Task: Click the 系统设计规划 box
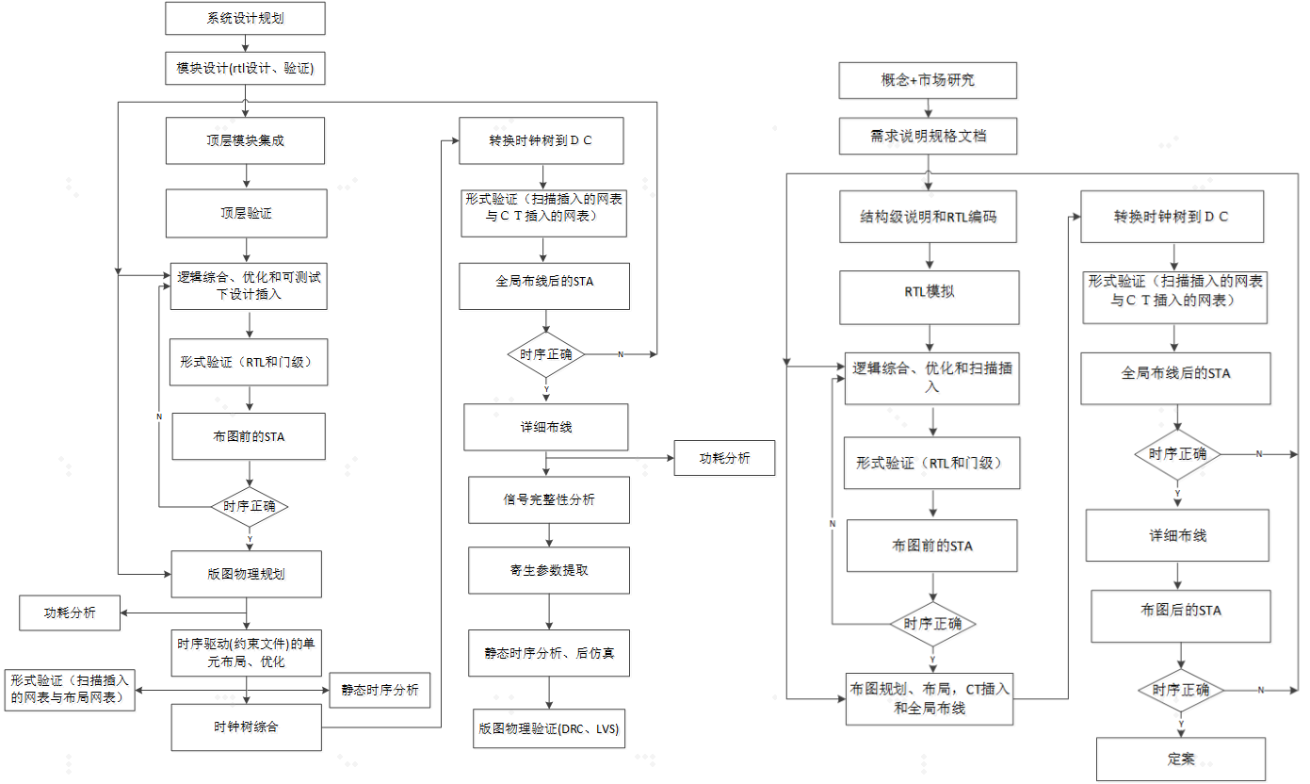pos(245,17)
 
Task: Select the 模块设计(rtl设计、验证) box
pos(245,68)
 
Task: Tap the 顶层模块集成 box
pos(246,140)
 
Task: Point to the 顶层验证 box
pos(246,213)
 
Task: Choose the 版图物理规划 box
pos(246,574)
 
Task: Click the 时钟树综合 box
pos(246,727)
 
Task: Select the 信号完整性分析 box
pos(548,499)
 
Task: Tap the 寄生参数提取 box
pos(549,570)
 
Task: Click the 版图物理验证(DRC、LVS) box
pos(549,728)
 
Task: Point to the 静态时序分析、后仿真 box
pos(549,653)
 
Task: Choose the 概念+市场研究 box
pos(928,80)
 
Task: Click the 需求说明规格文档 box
pos(928,136)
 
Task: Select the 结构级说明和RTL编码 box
pos(930,216)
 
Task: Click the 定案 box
pos(1180,759)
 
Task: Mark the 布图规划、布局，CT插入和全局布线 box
pos(929,699)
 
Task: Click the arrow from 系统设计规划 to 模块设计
pos(245,41)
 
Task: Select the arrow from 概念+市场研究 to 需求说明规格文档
pos(928,108)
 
